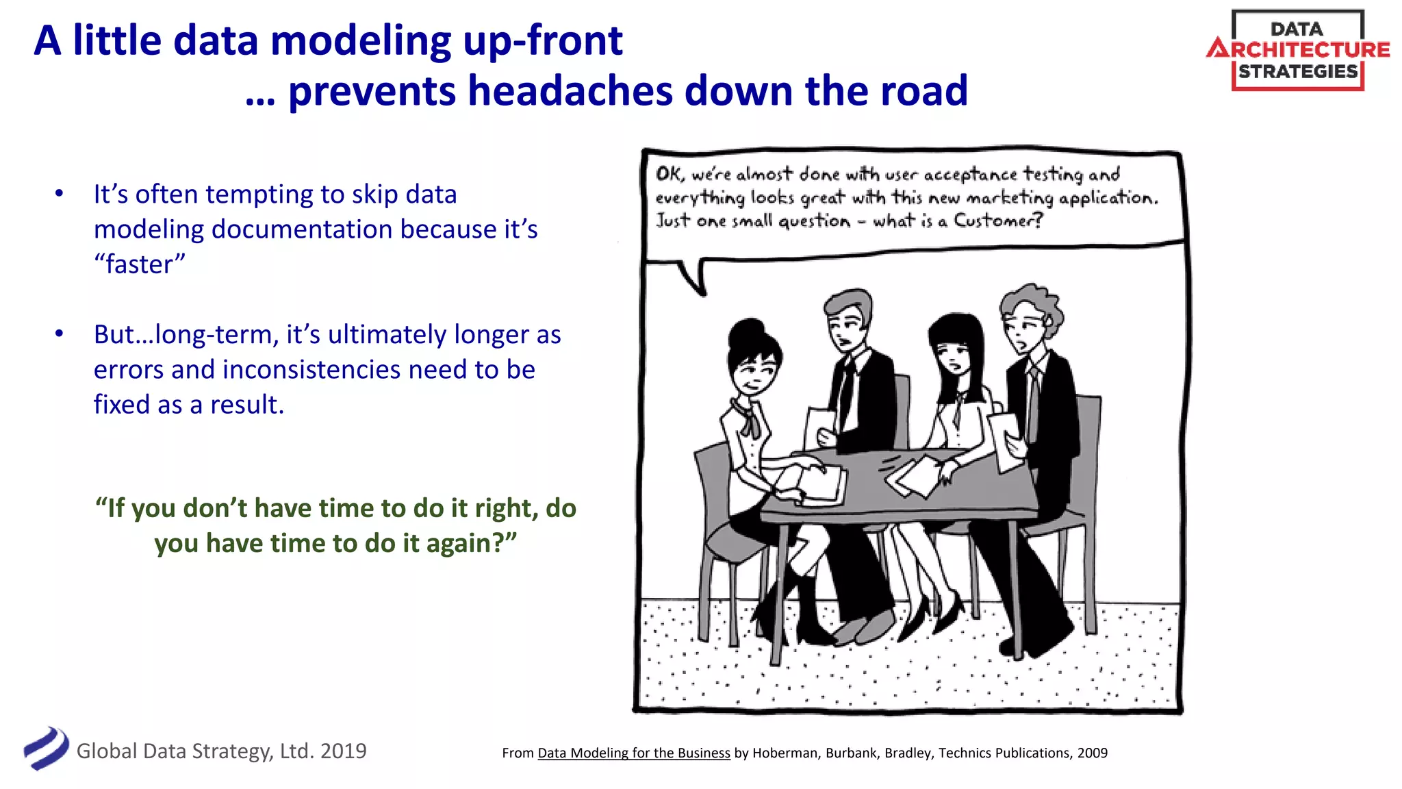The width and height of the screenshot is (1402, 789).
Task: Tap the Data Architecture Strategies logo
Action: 1297,50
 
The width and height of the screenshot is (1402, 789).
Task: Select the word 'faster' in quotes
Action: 140,264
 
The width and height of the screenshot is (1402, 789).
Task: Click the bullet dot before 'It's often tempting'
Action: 60,194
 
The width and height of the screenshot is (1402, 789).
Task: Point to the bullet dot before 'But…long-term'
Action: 60,334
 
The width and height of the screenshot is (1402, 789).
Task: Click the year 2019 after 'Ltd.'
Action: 343,751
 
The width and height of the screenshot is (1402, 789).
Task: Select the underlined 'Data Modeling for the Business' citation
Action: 633,753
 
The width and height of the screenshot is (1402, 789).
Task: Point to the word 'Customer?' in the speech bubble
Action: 998,221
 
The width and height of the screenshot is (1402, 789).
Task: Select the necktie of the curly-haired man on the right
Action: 1033,404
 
